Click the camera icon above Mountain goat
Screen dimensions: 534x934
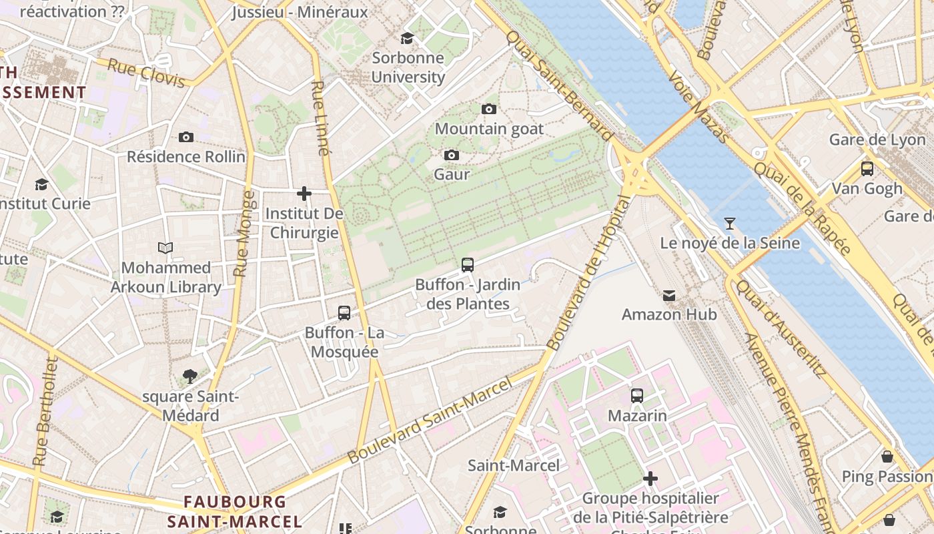(489, 109)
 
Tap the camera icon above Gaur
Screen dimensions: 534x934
(452, 156)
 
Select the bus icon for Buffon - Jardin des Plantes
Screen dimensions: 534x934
(468, 265)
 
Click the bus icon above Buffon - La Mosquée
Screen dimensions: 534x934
(344, 312)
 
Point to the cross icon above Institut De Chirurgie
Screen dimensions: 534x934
(304, 194)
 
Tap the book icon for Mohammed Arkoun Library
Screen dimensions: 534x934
(165, 248)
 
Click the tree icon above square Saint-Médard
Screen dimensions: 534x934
(190, 376)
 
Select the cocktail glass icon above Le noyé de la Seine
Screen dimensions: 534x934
(730, 223)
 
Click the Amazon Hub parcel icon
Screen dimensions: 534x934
(669, 295)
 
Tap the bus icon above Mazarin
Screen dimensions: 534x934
(637, 396)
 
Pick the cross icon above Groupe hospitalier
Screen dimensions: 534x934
(650, 479)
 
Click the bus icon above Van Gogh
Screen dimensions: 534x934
(867, 169)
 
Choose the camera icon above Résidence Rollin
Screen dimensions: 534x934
(186, 138)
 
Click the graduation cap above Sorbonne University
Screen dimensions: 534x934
(407, 38)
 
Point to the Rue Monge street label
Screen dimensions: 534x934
(244, 234)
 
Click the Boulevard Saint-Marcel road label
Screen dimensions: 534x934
(430, 421)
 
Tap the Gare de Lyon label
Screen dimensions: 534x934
(877, 140)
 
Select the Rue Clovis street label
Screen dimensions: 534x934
(146, 73)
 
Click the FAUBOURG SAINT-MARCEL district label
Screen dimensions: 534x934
(235, 511)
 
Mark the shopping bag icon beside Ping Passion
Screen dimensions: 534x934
(887, 457)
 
